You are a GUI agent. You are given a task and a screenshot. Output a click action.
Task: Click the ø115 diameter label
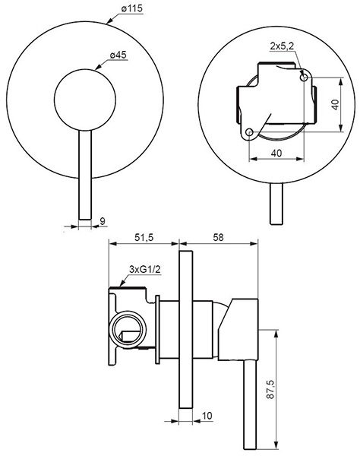click(132, 8)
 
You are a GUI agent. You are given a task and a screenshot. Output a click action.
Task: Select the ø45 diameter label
click(118, 55)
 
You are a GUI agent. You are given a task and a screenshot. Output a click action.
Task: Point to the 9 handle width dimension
click(103, 221)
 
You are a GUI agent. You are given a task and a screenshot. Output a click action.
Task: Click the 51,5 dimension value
click(144, 238)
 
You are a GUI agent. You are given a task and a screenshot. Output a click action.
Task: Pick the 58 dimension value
click(219, 238)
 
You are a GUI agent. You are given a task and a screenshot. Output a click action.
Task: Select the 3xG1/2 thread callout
click(145, 270)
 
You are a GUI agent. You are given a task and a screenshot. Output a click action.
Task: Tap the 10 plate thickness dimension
click(207, 416)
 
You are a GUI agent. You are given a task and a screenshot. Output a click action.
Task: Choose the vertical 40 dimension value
click(335, 105)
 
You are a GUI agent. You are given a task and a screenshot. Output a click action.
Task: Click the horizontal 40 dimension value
click(276, 153)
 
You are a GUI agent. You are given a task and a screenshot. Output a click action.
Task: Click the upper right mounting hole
click(304, 78)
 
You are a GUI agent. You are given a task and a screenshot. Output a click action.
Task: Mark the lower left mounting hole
click(249, 132)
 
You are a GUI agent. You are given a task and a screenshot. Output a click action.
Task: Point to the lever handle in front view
click(85, 175)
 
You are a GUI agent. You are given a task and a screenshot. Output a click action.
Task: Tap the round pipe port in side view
click(128, 329)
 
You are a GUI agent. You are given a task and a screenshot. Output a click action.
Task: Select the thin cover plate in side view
click(185, 330)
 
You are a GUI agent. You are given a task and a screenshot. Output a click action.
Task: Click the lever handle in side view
click(250, 404)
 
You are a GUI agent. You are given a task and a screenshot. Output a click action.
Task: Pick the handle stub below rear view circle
click(276, 204)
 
